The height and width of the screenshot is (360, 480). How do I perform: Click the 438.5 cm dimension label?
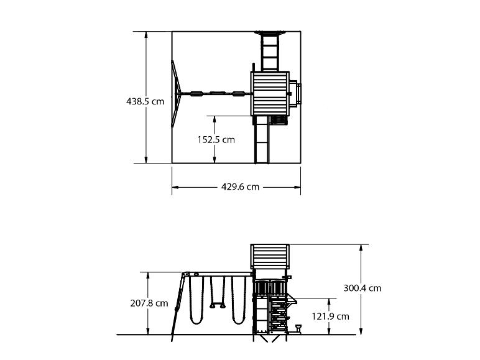point(145,101)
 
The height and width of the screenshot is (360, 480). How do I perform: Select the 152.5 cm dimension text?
point(216,140)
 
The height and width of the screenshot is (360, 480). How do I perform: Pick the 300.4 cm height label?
point(362,288)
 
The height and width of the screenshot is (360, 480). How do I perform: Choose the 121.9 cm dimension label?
point(330,316)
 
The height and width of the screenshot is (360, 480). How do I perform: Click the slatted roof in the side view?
point(270,256)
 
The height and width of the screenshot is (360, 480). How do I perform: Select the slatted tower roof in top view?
point(269,93)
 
